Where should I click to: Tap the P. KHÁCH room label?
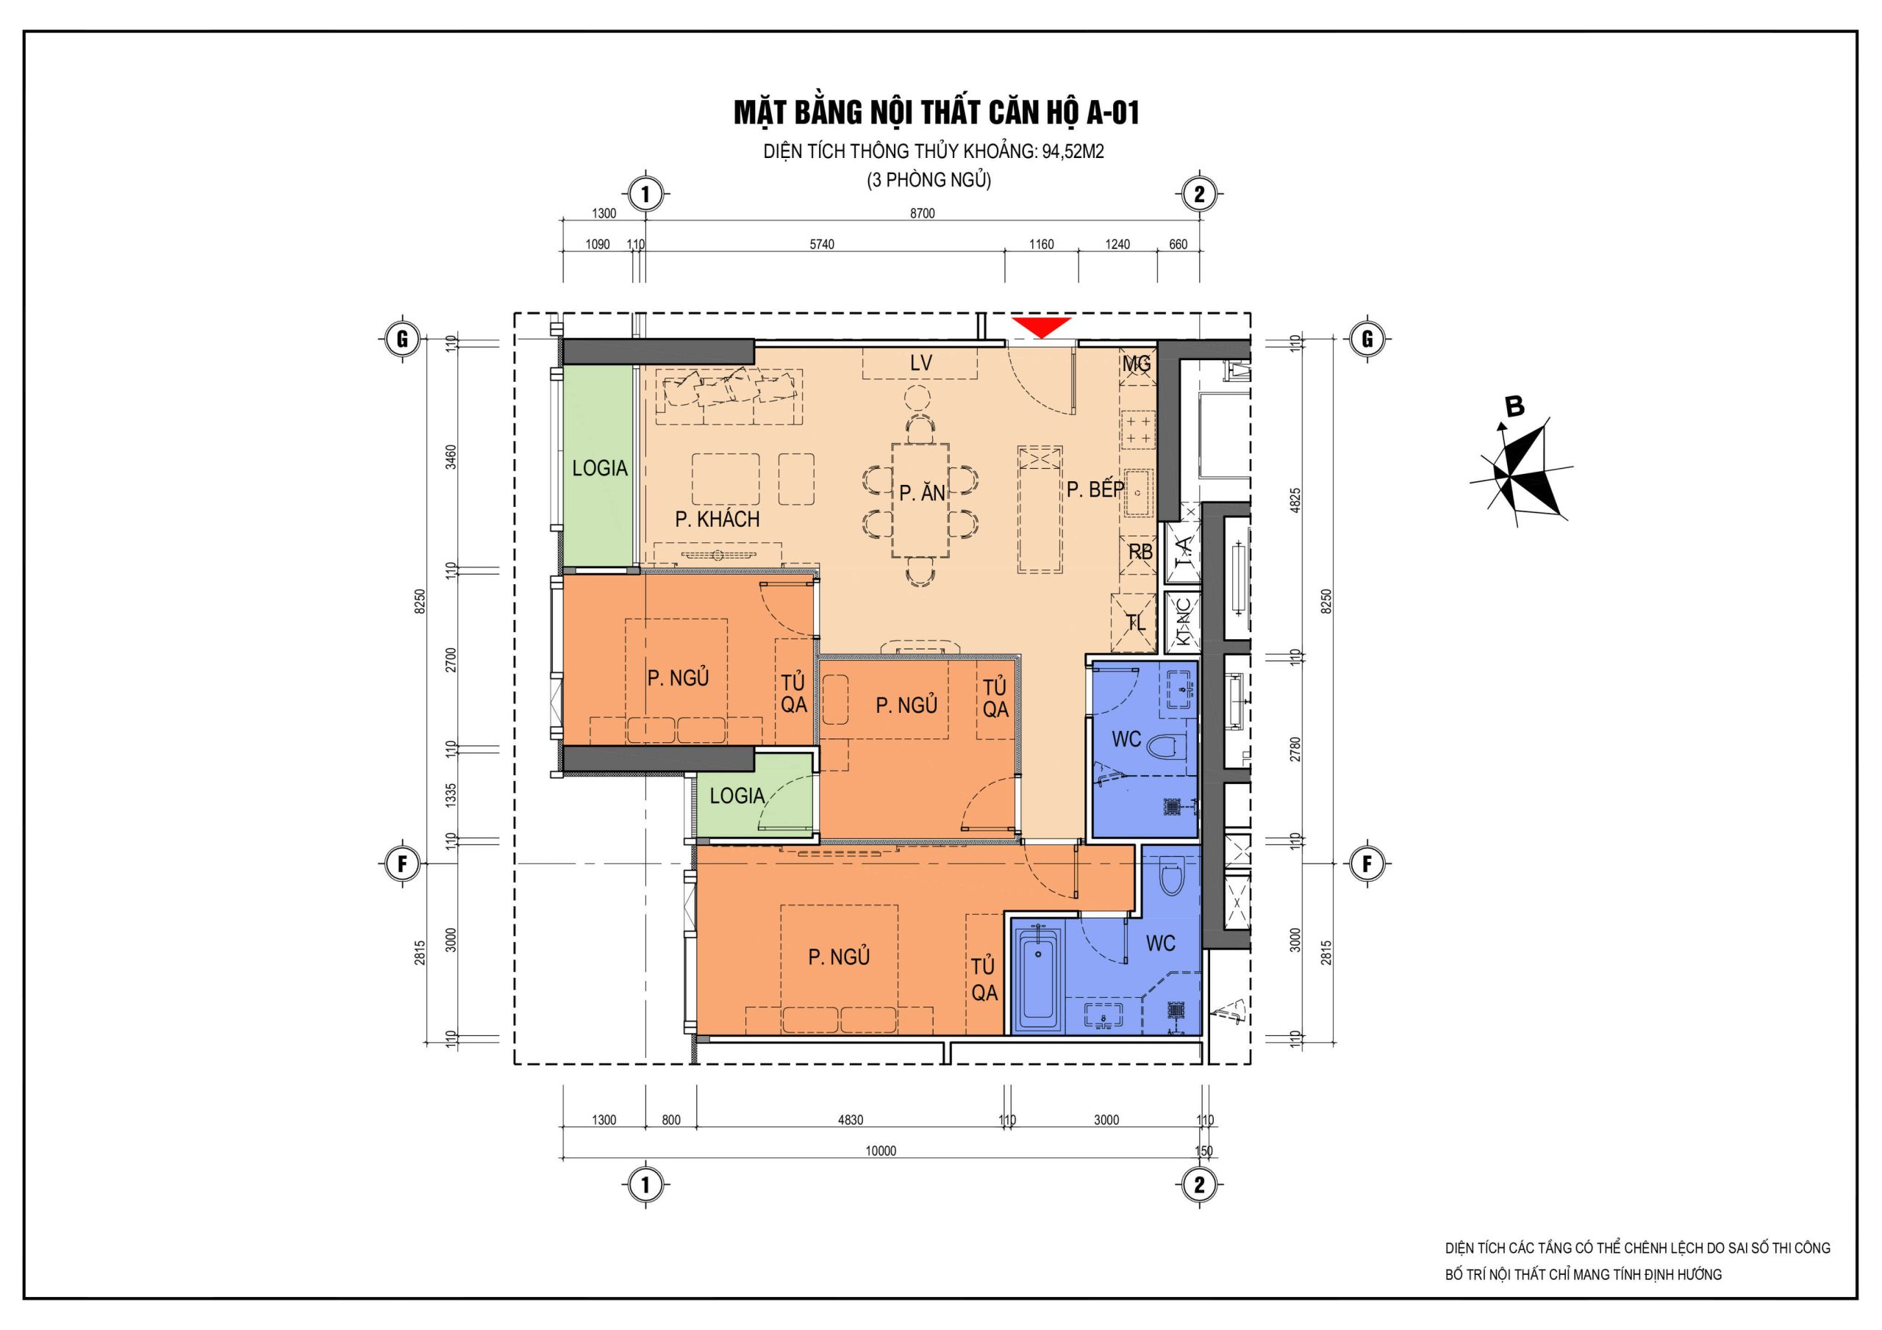point(718,519)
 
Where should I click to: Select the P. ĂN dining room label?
point(922,492)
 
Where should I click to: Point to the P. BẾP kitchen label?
point(1095,489)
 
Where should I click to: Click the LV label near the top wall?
point(920,363)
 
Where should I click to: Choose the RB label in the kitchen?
point(1140,553)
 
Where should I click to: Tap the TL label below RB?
point(1136,623)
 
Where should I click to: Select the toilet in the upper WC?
point(1166,747)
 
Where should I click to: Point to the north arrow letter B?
point(1514,406)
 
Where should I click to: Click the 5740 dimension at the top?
point(821,244)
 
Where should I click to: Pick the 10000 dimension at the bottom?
point(881,1151)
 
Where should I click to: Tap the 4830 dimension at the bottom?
point(850,1121)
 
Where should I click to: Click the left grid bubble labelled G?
point(402,339)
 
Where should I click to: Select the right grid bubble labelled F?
point(1367,863)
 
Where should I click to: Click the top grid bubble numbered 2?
point(1200,195)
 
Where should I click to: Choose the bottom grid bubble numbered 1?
point(645,1185)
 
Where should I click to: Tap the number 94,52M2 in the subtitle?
point(1073,151)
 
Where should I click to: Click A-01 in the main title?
point(1112,113)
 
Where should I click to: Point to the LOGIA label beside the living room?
point(600,468)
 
